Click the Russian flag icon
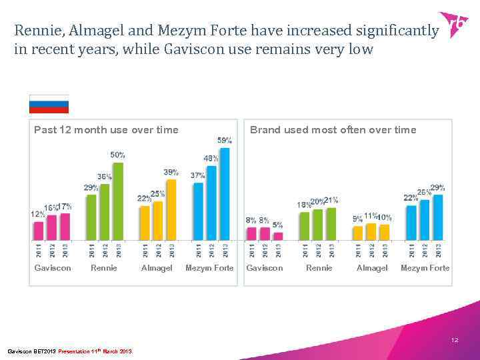(49, 104)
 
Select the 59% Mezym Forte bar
(225, 193)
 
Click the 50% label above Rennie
(117, 155)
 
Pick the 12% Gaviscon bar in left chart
(38, 230)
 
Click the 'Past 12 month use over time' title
(106, 130)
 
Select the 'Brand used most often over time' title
(333, 130)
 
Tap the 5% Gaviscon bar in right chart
(278, 235)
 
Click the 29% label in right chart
(437, 187)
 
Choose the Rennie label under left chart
(104, 268)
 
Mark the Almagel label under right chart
(371, 268)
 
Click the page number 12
(454, 340)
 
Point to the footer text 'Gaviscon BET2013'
(31, 351)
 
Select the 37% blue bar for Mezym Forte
(198, 211)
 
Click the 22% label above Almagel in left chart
(143, 198)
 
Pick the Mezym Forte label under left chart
(209, 268)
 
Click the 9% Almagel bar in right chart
(358, 232)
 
